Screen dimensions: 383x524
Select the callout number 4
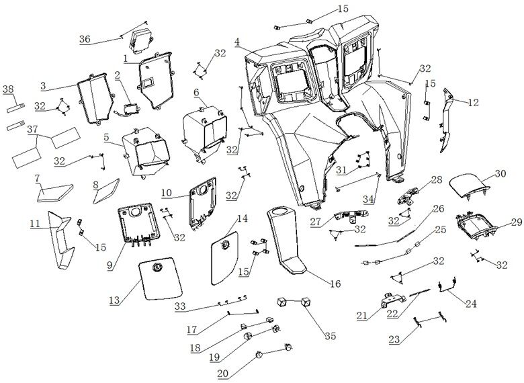point(238,42)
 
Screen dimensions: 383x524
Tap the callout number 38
point(8,89)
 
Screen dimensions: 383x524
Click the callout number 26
point(438,208)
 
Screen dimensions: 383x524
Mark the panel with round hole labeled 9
point(141,225)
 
